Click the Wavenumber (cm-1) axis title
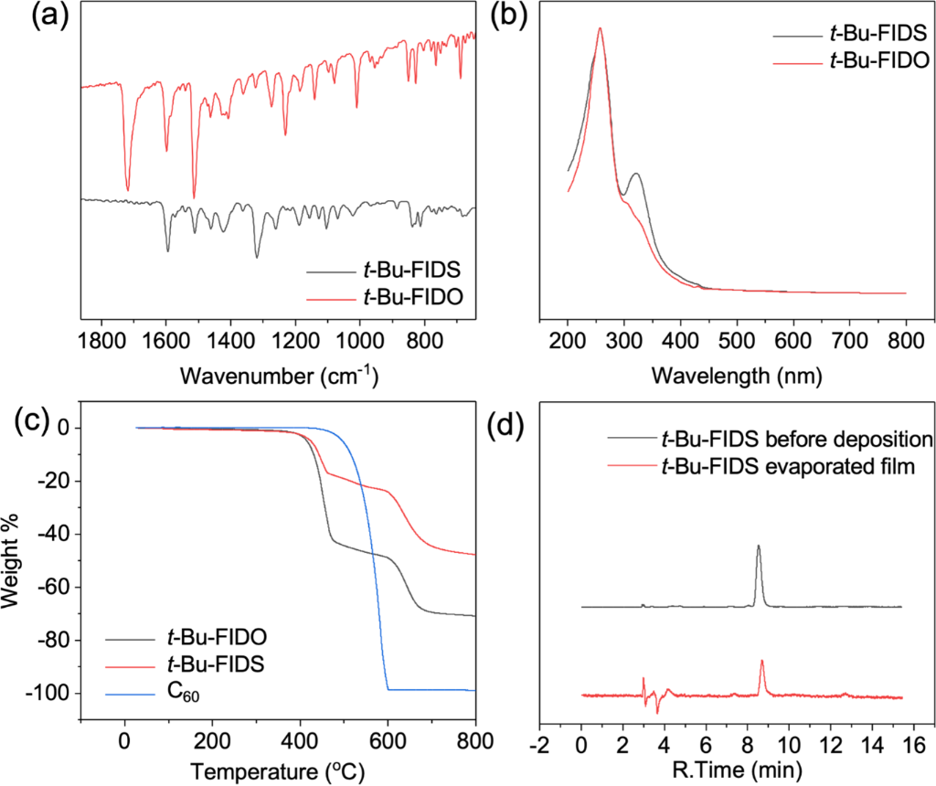coord(279,376)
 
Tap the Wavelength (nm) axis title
coord(737,376)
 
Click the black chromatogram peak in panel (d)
coord(758,547)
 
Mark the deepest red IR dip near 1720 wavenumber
coord(127,190)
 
